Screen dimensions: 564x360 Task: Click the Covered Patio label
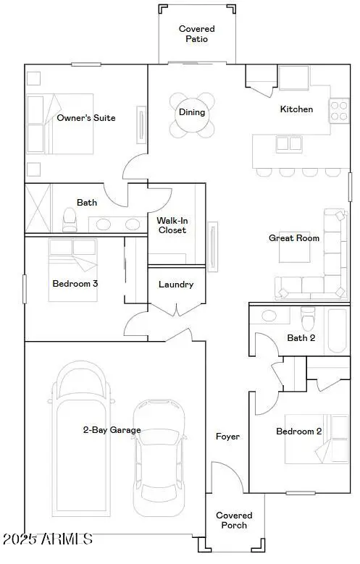pyautogui.click(x=197, y=34)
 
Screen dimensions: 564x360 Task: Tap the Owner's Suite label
pyautogui.click(x=86, y=118)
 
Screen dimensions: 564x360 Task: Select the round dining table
pyautogui.click(x=193, y=114)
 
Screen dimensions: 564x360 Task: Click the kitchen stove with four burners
pyautogui.click(x=340, y=109)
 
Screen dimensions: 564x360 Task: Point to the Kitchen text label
pyautogui.click(x=297, y=109)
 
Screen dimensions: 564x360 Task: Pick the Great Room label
pyautogui.click(x=294, y=237)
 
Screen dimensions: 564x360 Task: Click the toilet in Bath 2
pyautogui.click(x=309, y=318)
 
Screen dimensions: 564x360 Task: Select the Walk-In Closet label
pyautogui.click(x=172, y=225)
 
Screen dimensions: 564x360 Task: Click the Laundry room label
pyautogui.click(x=176, y=285)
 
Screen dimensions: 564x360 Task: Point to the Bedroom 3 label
pyautogui.click(x=75, y=283)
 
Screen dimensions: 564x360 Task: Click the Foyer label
pyautogui.click(x=227, y=437)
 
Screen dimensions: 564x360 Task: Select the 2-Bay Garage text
pyautogui.click(x=112, y=430)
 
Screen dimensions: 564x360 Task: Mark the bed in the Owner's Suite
pyautogui.click(x=60, y=124)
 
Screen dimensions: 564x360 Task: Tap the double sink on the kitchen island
pyautogui.click(x=289, y=144)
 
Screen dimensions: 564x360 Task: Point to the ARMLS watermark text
pyautogui.click(x=47, y=539)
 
